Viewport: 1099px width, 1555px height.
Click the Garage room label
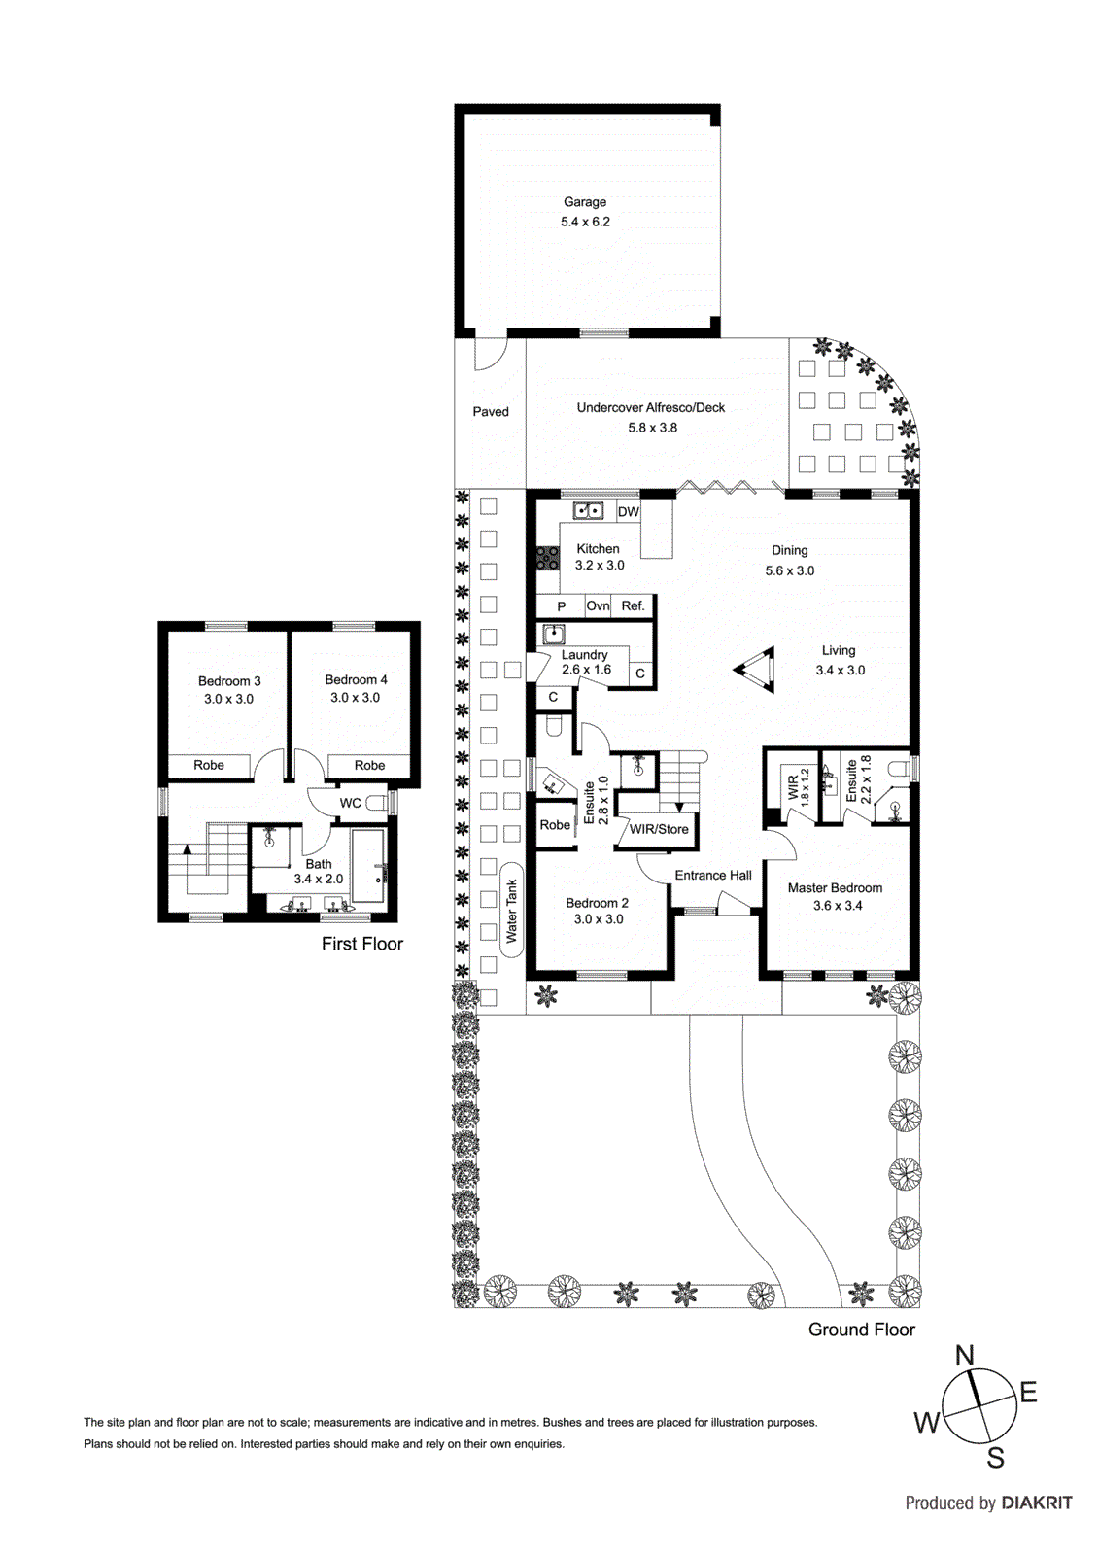tap(585, 202)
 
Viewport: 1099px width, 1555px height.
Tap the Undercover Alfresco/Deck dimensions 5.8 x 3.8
tap(652, 428)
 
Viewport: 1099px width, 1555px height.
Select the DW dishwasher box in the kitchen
tap(629, 512)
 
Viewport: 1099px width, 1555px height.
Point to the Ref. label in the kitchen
tap(633, 605)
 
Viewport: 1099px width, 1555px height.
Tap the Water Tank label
tap(512, 911)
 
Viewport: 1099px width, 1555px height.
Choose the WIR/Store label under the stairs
tap(659, 829)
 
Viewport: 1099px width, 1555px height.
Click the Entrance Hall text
tap(713, 875)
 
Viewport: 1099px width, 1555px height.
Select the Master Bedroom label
tap(835, 887)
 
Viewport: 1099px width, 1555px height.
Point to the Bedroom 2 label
tap(597, 903)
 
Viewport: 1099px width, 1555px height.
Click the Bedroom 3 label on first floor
tap(229, 681)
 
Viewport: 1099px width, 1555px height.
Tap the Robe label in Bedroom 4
tap(369, 765)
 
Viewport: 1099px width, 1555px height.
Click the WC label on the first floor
tap(350, 803)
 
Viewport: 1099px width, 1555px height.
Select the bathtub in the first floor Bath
tap(369, 867)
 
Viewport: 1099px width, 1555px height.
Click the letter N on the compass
tap(964, 1356)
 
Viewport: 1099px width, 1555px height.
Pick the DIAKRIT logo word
tap(1037, 1503)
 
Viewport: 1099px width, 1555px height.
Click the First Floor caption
tap(361, 944)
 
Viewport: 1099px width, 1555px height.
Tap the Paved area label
tap(491, 412)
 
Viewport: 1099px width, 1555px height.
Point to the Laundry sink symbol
tap(554, 635)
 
